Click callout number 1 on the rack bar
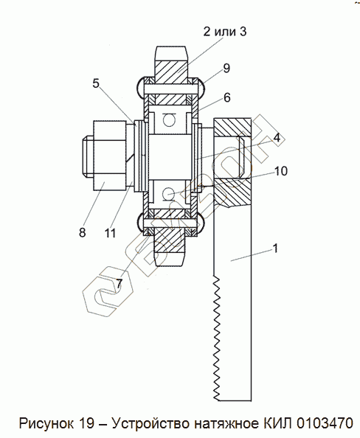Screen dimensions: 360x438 pyautogui.click(x=275, y=248)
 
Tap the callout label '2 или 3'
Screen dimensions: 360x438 pyautogui.click(x=225, y=31)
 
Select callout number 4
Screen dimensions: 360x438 pyautogui.click(x=277, y=137)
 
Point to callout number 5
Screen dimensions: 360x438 pyautogui.click(x=96, y=83)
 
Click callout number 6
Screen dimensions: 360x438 pyautogui.click(x=227, y=97)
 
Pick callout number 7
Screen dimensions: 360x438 pyautogui.click(x=120, y=284)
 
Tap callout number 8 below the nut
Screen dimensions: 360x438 pyautogui.click(x=82, y=232)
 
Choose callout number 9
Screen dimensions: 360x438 pyautogui.click(x=226, y=68)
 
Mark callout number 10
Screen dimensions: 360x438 pyautogui.click(x=281, y=171)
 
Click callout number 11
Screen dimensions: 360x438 pyautogui.click(x=110, y=233)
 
